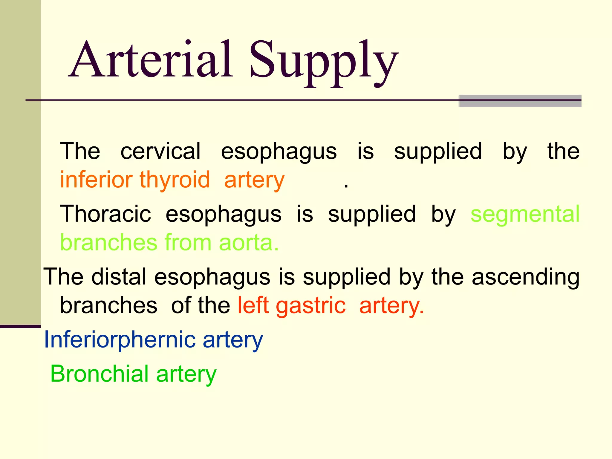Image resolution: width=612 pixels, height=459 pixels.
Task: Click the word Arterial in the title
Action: tap(151, 60)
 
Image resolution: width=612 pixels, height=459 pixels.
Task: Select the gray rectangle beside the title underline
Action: tap(520, 101)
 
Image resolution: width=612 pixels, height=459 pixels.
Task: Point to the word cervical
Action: tap(160, 151)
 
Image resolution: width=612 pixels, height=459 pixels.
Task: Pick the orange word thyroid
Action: tap(175, 180)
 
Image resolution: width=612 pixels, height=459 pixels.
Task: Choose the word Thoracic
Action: tap(105, 214)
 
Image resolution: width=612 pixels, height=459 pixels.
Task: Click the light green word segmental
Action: tap(525, 214)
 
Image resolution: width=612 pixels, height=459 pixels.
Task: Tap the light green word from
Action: tap(188, 242)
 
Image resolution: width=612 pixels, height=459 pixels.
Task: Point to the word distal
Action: tap(119, 276)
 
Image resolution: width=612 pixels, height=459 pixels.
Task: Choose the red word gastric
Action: tap(311, 306)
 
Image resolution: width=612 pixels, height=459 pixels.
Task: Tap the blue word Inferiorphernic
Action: tap(120, 340)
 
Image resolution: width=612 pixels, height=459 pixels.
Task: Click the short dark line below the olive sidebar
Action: tap(20, 326)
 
